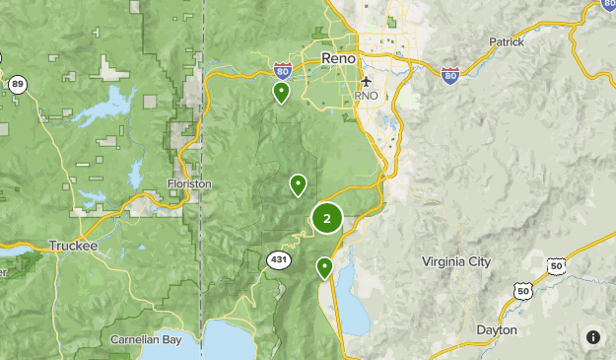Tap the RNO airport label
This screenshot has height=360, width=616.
(x=366, y=97)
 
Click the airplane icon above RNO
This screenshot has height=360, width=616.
(x=366, y=81)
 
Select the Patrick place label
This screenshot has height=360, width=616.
(x=508, y=42)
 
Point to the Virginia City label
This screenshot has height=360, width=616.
(x=455, y=262)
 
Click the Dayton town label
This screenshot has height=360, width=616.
(x=495, y=330)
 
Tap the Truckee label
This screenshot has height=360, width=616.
(x=75, y=246)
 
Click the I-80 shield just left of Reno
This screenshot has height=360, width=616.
(x=283, y=71)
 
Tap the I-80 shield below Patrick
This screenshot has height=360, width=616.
(x=450, y=75)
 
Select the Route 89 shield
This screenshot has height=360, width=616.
(x=18, y=85)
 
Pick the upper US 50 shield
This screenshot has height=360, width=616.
(x=558, y=265)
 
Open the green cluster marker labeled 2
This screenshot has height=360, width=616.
(x=327, y=219)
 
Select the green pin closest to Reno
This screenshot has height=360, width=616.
(x=282, y=93)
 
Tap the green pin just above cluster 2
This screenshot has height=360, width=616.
(x=297, y=184)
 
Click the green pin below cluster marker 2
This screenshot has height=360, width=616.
(x=324, y=267)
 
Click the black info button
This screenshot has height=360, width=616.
(x=593, y=337)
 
